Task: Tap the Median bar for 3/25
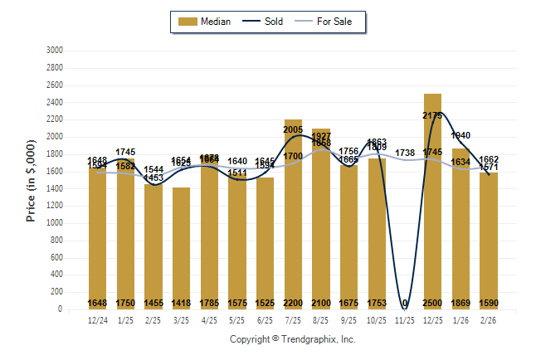[182, 248]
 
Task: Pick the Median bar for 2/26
[489, 241]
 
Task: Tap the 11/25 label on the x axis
[405, 319]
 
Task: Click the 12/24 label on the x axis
[98, 319]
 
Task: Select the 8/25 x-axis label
[321, 319]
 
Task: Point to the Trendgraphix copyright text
[292, 339]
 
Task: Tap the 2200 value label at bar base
[293, 303]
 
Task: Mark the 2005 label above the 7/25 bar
[293, 129]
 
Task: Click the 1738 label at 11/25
[405, 153]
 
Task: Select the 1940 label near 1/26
[461, 135]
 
